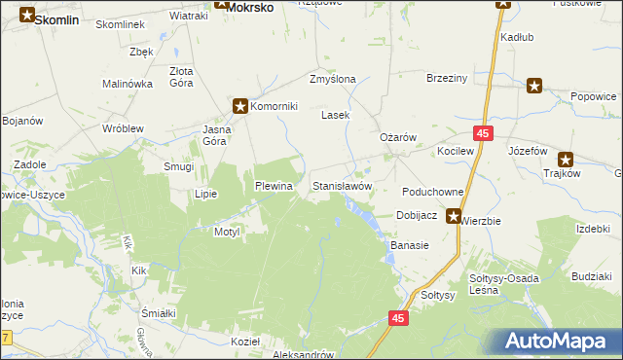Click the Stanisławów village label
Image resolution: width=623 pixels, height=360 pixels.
pyautogui.click(x=342, y=185)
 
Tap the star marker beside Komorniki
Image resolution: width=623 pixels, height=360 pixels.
pyautogui.click(x=239, y=106)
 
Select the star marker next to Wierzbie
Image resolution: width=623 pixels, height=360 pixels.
pyautogui.click(x=453, y=217)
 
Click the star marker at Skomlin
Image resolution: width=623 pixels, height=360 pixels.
pyautogui.click(x=27, y=16)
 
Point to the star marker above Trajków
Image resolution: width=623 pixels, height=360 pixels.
pyautogui.click(x=565, y=159)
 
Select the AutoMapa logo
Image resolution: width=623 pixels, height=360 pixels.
pyautogui.click(x=556, y=342)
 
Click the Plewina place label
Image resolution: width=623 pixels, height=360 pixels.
pyautogui.click(x=274, y=186)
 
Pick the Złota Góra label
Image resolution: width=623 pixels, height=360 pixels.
pyautogui.click(x=181, y=77)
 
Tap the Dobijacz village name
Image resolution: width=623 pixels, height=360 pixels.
pyautogui.click(x=420, y=215)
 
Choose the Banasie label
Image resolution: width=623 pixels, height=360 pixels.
pyautogui.click(x=410, y=245)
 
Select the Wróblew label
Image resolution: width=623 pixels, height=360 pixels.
pyautogui.click(x=123, y=128)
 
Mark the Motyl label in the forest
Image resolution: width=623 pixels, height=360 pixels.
pyautogui.click(x=226, y=233)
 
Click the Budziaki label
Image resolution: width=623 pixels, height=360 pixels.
pyautogui.click(x=592, y=277)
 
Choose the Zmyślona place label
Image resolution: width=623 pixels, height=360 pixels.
pyautogui.click(x=332, y=79)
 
